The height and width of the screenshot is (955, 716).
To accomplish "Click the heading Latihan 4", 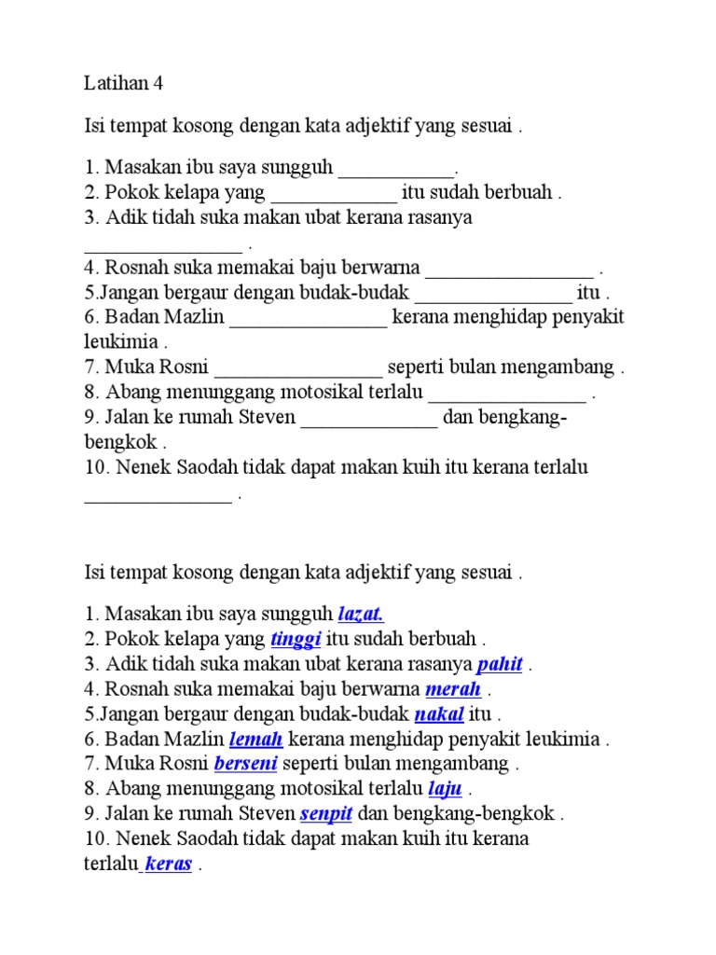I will click(x=123, y=83).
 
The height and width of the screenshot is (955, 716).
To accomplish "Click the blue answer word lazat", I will click(x=361, y=614).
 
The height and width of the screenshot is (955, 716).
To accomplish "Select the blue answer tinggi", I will click(x=296, y=639).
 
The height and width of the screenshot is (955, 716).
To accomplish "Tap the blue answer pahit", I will click(x=500, y=664).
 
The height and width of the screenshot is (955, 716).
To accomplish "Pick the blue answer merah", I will click(x=453, y=689).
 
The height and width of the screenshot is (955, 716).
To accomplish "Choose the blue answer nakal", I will click(x=438, y=714).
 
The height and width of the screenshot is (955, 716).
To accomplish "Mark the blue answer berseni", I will click(x=245, y=764).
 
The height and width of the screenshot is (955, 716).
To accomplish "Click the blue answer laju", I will click(x=445, y=789).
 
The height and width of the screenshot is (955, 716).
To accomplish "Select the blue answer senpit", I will click(x=325, y=813).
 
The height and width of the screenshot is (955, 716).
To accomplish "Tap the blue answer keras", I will click(x=169, y=864).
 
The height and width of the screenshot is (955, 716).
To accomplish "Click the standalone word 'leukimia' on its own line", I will click(x=120, y=341).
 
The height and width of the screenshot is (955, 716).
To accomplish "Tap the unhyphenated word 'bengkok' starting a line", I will click(x=120, y=441).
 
